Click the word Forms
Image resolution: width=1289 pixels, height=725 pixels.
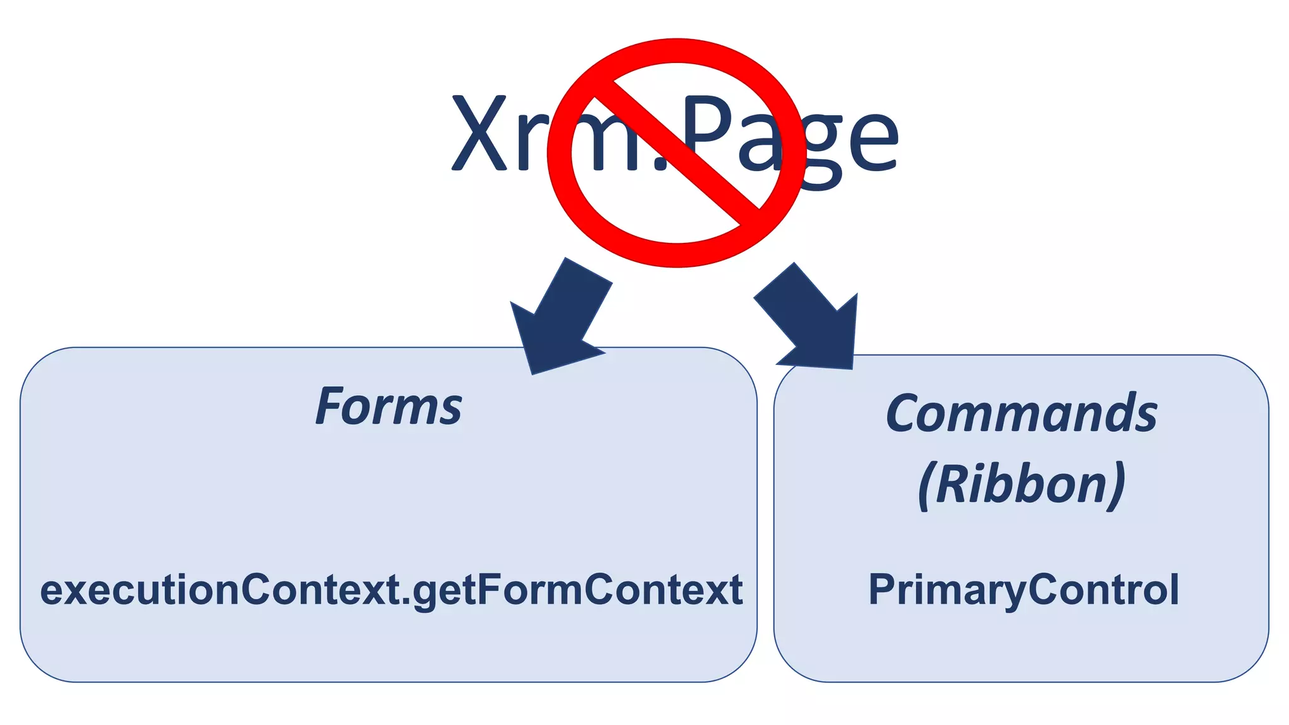click(388, 407)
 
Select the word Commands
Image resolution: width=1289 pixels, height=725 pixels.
click(1021, 413)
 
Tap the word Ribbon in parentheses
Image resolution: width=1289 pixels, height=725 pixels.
click(1022, 484)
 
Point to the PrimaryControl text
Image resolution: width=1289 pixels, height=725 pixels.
click(1023, 590)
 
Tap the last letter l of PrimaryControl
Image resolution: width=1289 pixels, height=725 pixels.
click(1174, 589)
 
